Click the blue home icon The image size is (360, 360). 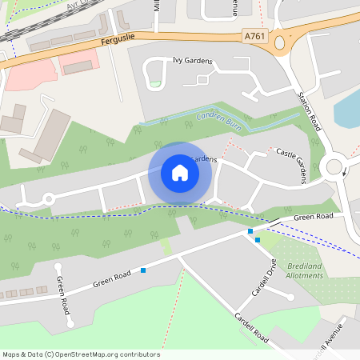(x=180, y=173)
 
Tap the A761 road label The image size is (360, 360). (x=254, y=35)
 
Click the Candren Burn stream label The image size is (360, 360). (x=218, y=122)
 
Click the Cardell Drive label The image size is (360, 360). (x=265, y=278)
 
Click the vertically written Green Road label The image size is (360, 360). (x=62, y=296)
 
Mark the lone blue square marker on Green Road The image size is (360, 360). (x=143, y=270)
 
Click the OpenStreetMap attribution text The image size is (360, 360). (x=81, y=354)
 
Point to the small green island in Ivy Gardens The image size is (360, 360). (x=154, y=83)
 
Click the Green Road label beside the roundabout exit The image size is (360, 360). (x=313, y=217)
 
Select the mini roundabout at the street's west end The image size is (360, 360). (x=47, y=198)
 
